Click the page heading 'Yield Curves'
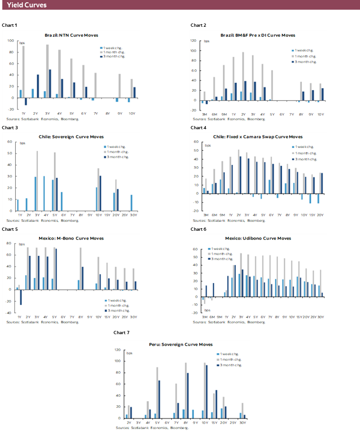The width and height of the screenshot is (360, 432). [27, 5]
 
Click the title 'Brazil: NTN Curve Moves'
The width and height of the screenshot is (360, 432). [71, 35]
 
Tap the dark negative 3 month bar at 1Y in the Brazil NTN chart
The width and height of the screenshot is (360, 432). [26, 102]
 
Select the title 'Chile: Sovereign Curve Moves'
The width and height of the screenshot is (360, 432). [71, 137]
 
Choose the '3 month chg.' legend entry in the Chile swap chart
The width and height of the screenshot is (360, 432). [305, 159]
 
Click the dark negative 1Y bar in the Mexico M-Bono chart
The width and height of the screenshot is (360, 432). [21, 297]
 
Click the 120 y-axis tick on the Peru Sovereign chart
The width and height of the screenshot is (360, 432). [118, 350]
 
